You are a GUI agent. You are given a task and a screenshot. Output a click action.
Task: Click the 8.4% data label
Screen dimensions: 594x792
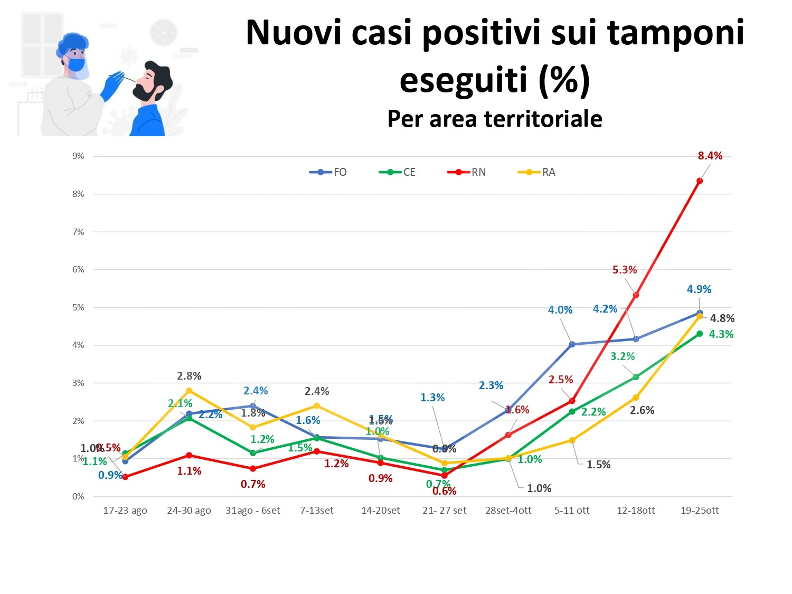tap(710, 156)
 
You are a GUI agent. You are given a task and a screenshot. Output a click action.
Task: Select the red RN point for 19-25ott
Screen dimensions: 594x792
tap(700, 181)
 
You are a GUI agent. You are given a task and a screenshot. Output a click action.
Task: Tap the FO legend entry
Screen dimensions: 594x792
tap(328, 172)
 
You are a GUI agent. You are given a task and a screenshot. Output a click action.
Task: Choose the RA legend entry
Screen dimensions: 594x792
tap(537, 172)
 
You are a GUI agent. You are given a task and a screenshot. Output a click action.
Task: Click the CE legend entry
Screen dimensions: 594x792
tap(398, 172)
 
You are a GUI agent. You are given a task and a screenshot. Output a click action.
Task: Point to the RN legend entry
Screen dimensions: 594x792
tap(467, 172)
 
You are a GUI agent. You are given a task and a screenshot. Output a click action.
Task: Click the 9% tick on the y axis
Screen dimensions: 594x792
tap(79, 156)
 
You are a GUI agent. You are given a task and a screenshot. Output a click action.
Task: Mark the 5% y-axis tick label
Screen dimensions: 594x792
tap(79, 307)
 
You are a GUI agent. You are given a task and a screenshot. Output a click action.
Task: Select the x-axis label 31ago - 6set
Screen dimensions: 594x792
tap(253, 511)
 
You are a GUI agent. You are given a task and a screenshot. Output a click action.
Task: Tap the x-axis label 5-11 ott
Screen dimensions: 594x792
tap(572, 511)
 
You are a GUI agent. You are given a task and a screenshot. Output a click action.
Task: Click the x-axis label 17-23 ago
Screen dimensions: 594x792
tap(125, 511)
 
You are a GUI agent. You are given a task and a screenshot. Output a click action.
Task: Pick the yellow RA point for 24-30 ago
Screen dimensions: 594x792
tap(189, 391)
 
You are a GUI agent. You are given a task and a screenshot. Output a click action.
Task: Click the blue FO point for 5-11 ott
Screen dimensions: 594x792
tap(572, 344)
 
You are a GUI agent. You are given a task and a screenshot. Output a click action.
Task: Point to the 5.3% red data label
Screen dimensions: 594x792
tap(625, 270)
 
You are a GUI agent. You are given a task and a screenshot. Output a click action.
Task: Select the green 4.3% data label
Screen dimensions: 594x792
tap(721, 334)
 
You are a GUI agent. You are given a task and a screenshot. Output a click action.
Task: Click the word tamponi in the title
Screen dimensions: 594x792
tap(676, 33)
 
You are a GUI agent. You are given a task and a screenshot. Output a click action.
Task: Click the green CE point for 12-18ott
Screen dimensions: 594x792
tap(636, 377)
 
